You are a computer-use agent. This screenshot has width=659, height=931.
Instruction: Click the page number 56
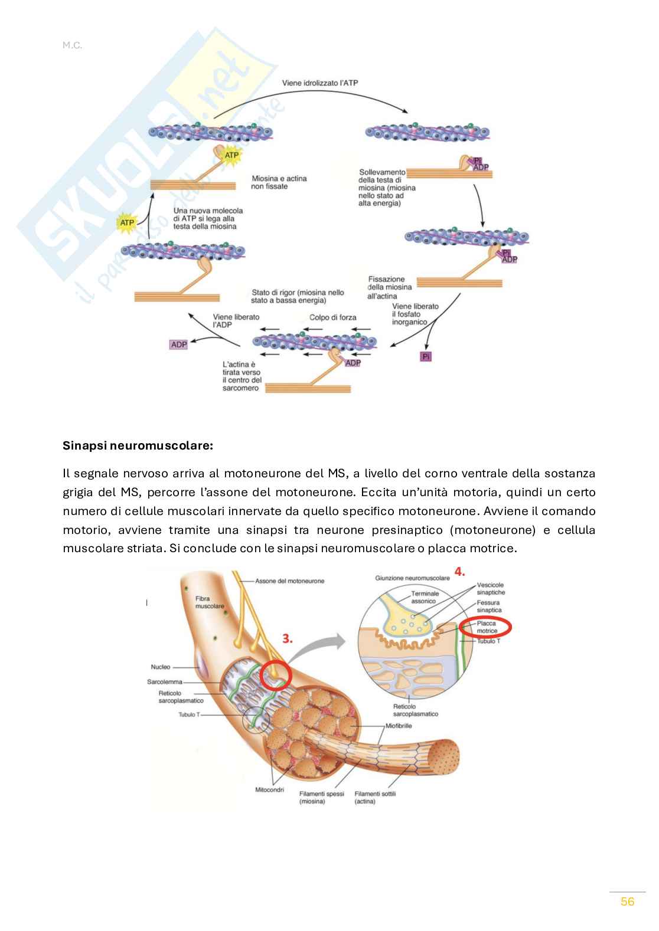pyautogui.click(x=627, y=902)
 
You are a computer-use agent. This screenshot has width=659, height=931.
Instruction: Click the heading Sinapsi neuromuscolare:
pyautogui.click(x=138, y=446)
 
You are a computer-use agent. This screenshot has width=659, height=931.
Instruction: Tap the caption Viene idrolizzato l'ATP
pyautogui.click(x=319, y=83)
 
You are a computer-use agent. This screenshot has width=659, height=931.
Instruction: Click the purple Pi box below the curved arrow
pyautogui.click(x=426, y=356)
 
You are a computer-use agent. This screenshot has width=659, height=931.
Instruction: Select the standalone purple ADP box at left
pyautogui.click(x=178, y=345)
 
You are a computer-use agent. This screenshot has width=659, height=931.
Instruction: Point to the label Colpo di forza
pyautogui.click(x=332, y=317)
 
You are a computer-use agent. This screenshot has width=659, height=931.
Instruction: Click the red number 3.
pyautogui.click(x=287, y=638)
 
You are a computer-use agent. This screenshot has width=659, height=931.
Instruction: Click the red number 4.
pyautogui.click(x=459, y=571)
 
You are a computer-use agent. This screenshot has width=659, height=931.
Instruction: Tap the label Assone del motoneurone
pyautogui.click(x=289, y=581)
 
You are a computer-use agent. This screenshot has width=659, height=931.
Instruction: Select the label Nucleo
pyautogui.click(x=160, y=667)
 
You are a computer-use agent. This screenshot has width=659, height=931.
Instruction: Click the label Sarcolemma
pyautogui.click(x=164, y=681)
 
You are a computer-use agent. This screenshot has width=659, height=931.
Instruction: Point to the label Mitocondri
pyautogui.click(x=269, y=789)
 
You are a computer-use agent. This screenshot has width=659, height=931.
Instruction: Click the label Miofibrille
pyautogui.click(x=399, y=726)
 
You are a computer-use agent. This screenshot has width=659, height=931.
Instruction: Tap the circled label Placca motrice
pyautogui.click(x=487, y=627)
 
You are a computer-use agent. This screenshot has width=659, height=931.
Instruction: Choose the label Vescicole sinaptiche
pyautogui.click(x=491, y=588)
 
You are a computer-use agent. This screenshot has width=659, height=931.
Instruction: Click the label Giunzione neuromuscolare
pyautogui.click(x=412, y=578)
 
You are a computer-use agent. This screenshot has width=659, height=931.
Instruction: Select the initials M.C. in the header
pyautogui.click(x=72, y=45)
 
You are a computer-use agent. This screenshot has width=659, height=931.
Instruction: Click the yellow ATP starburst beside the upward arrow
pyautogui.click(x=127, y=223)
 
